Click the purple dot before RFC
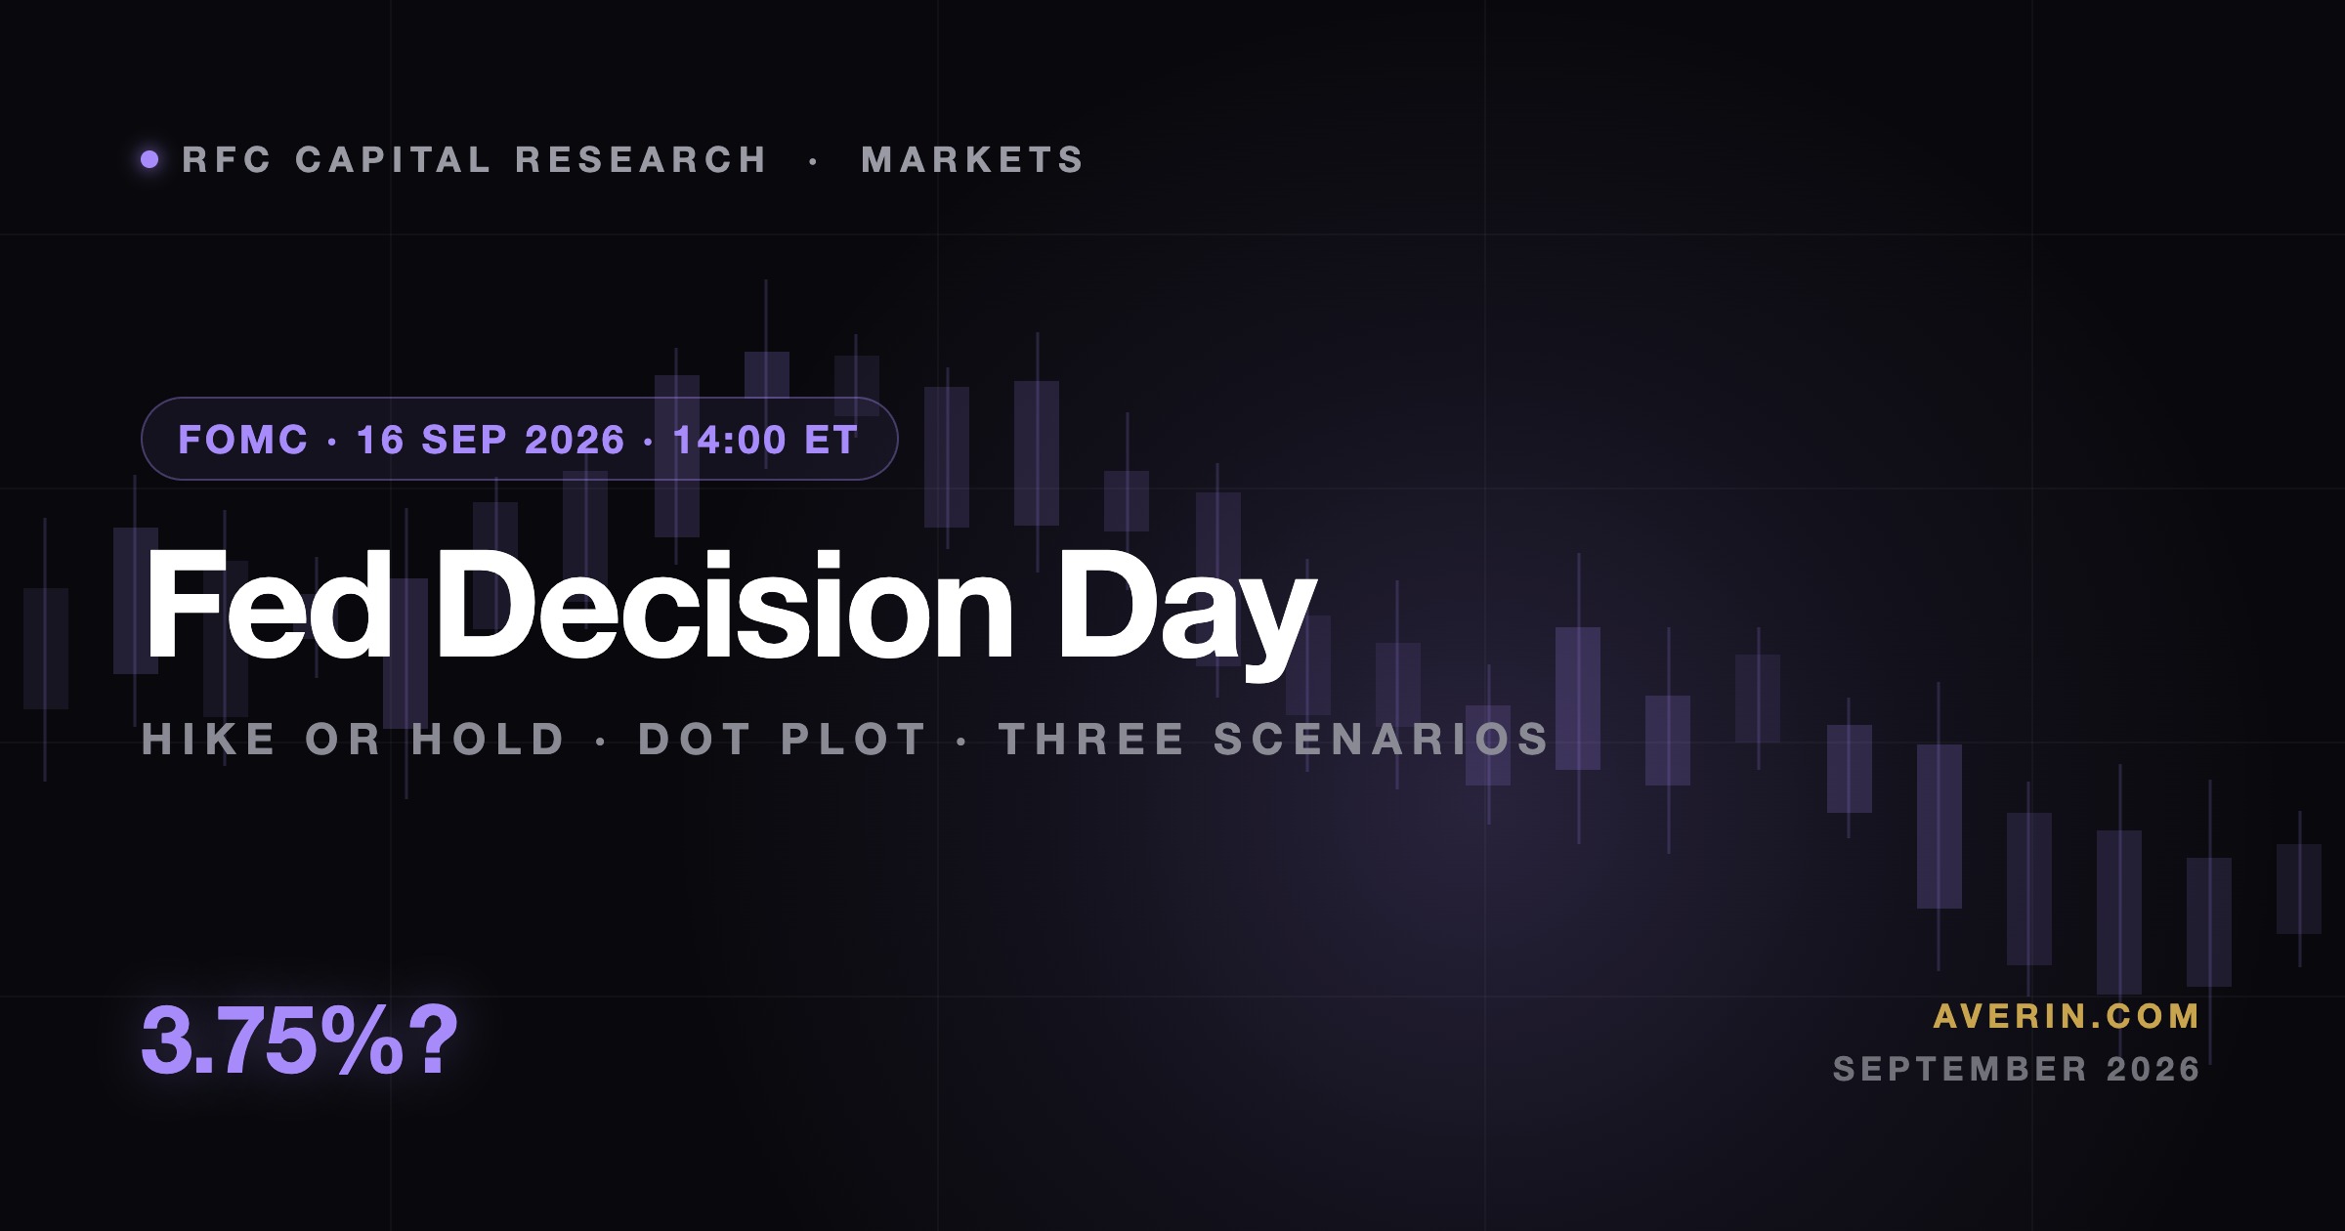click(x=149, y=159)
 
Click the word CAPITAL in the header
click(x=393, y=159)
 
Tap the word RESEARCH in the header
click(x=641, y=159)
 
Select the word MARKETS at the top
click(x=972, y=159)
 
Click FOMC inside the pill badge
click(x=243, y=440)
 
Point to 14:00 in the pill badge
click(x=729, y=440)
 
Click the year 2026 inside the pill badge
click(x=575, y=440)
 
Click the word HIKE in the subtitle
click(x=209, y=740)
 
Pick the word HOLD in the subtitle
click(x=489, y=740)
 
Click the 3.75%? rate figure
click(x=299, y=1040)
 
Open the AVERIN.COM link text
click(x=2067, y=1016)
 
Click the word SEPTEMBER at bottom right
click(x=1961, y=1069)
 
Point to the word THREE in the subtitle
click(x=1092, y=740)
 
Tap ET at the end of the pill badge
click(x=831, y=440)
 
